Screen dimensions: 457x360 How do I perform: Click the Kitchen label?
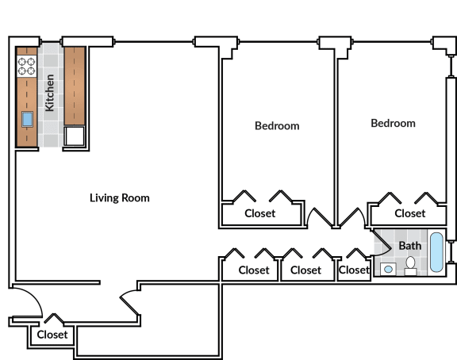(x=49, y=93)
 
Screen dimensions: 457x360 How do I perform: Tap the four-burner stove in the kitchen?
(x=26, y=66)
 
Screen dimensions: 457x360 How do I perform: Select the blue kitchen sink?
(x=27, y=120)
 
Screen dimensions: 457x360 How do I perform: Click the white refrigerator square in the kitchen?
(x=75, y=136)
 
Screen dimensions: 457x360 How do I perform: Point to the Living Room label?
(x=120, y=198)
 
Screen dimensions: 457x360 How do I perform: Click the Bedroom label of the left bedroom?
(x=277, y=126)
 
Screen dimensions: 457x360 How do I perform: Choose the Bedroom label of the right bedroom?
(x=393, y=123)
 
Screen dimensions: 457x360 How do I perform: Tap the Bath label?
(x=409, y=246)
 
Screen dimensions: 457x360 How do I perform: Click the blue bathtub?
(x=436, y=252)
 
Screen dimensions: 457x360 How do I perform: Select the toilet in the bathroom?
(x=411, y=266)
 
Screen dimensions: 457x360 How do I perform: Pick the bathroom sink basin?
(x=388, y=269)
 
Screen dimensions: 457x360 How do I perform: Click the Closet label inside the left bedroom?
(x=260, y=213)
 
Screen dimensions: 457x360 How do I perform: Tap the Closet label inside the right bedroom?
(x=409, y=213)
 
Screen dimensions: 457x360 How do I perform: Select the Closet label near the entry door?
(x=52, y=335)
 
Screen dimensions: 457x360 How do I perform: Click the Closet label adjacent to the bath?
(x=354, y=270)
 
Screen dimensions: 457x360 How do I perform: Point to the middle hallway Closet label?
(x=305, y=270)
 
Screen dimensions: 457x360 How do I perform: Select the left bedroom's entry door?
(x=320, y=218)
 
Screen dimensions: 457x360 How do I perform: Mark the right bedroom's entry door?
(x=351, y=218)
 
